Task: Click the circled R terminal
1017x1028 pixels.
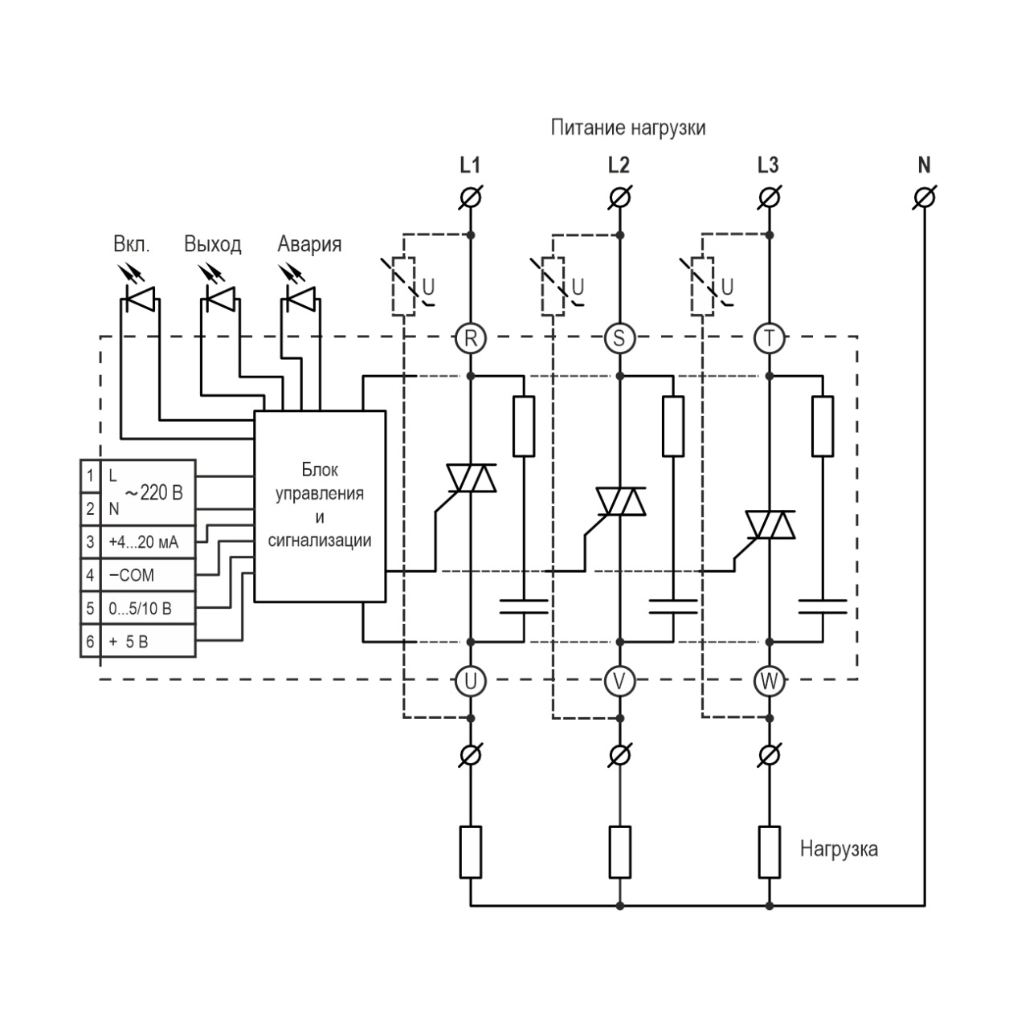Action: click(471, 338)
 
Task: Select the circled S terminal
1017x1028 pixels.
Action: click(619, 338)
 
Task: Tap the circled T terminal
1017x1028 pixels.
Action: click(769, 338)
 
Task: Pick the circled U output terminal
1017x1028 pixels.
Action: click(471, 681)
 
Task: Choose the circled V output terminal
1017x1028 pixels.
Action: click(619, 681)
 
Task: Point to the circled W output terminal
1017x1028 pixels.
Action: click(769, 681)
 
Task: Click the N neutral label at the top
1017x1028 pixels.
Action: click(924, 165)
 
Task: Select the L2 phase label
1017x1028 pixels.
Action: click(619, 165)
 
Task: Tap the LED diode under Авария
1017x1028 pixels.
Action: click(301, 300)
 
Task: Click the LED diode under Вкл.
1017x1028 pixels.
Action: click(140, 300)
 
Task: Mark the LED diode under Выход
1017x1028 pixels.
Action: click(220, 300)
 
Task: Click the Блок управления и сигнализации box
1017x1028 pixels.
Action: click(320, 505)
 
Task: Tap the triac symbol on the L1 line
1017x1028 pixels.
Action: click(472, 479)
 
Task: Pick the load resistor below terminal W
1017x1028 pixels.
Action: click(770, 851)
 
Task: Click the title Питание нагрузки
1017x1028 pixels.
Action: click(627, 128)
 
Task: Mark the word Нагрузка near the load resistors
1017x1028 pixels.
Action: click(838, 849)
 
